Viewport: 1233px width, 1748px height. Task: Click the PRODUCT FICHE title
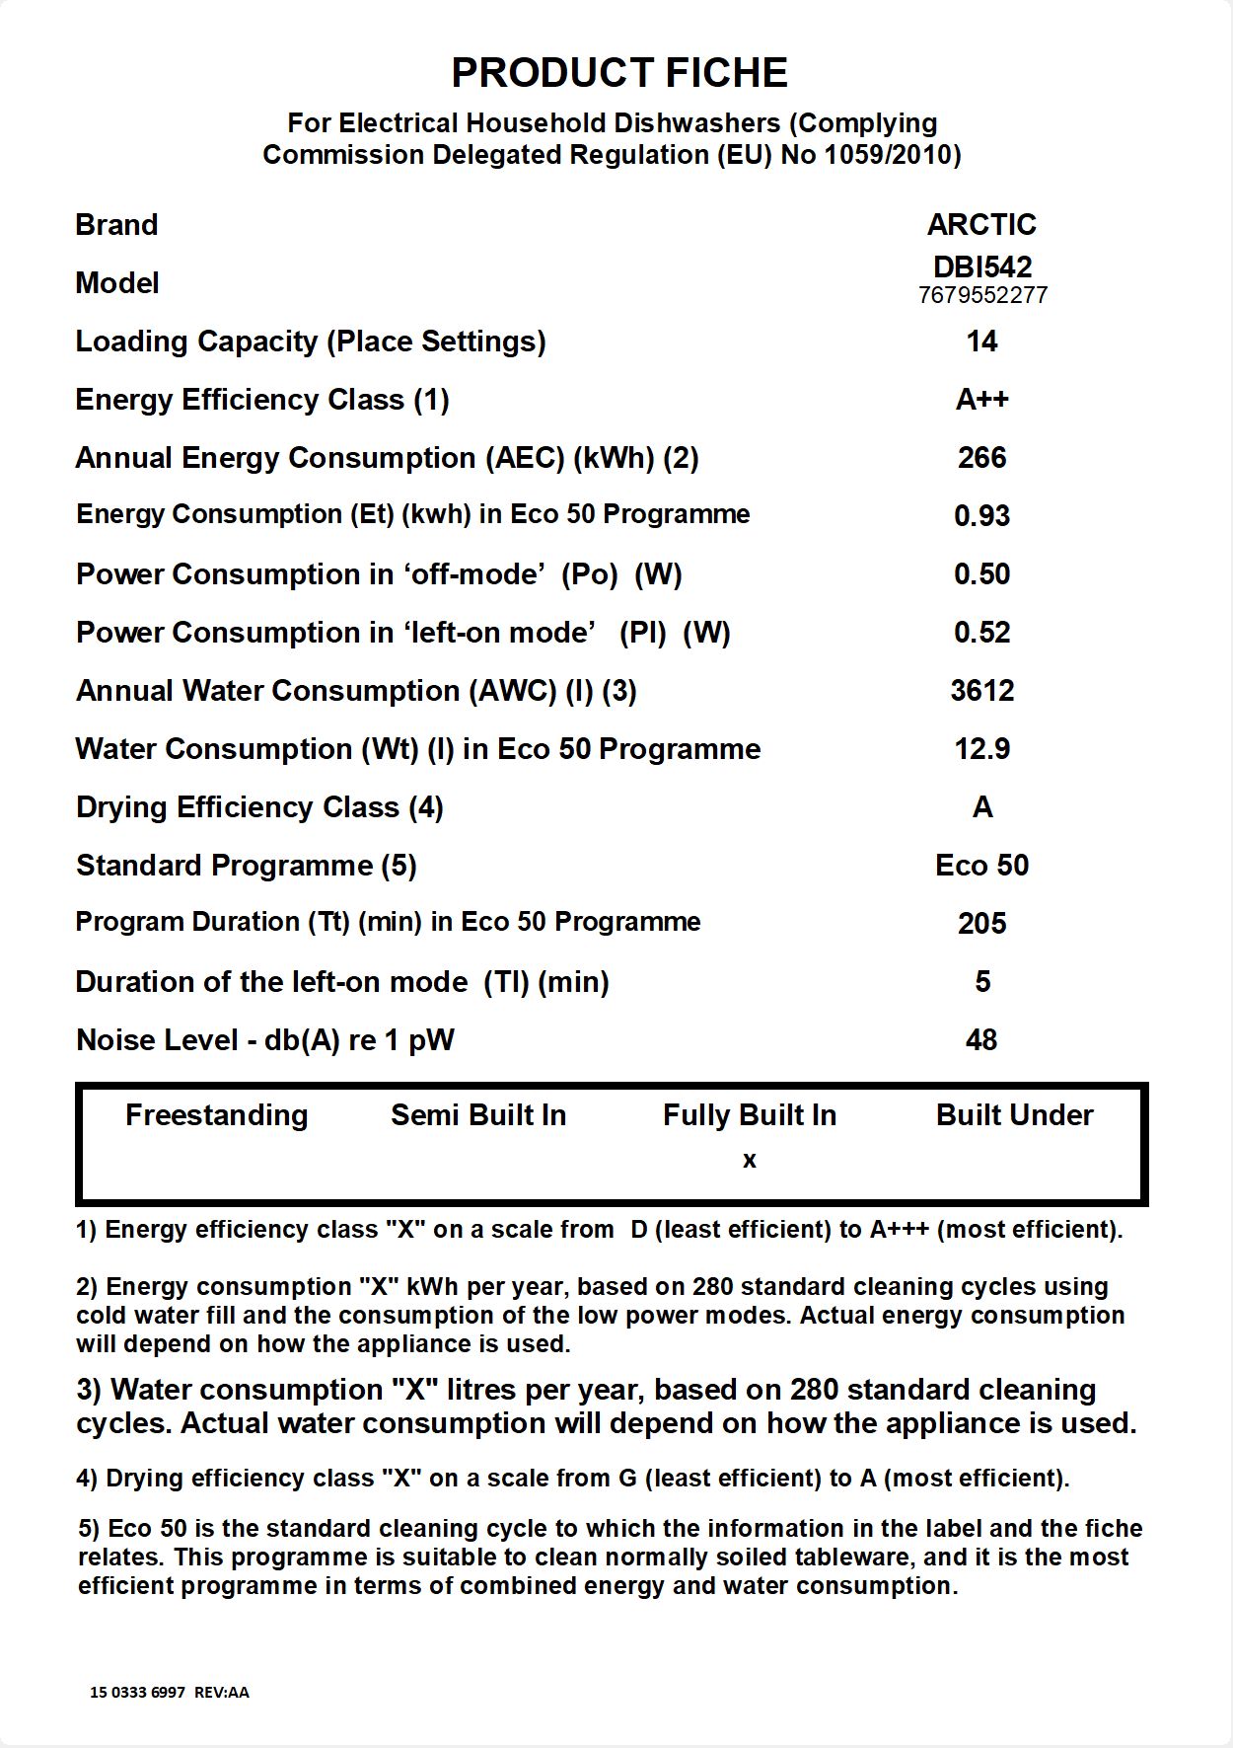click(x=619, y=73)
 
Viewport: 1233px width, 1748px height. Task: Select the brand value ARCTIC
click(x=981, y=225)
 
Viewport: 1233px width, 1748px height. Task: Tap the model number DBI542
click(x=982, y=266)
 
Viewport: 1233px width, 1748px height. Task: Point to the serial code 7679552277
click(x=982, y=295)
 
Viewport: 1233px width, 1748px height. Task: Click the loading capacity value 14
click(x=981, y=342)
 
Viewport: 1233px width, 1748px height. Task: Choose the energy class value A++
click(x=981, y=400)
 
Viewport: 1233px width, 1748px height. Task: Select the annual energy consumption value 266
click(x=981, y=458)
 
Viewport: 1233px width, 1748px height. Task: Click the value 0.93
click(x=981, y=516)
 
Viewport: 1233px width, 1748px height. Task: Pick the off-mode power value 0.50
click(x=981, y=574)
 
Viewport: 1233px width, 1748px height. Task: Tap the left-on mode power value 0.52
click(x=981, y=633)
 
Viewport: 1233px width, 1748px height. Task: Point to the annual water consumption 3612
click(x=981, y=691)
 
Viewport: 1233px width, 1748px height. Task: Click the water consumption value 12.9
click(x=981, y=749)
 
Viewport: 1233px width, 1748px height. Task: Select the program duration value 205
click(x=981, y=924)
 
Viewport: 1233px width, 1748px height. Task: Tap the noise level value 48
click(x=981, y=1040)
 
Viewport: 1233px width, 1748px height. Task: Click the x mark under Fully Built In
click(x=750, y=1161)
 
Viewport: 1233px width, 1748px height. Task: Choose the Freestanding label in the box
click(x=217, y=1115)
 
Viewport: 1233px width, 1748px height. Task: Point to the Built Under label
click(x=1014, y=1115)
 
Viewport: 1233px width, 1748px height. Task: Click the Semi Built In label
click(x=478, y=1115)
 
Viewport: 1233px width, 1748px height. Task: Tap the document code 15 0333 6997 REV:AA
click(x=170, y=1692)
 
